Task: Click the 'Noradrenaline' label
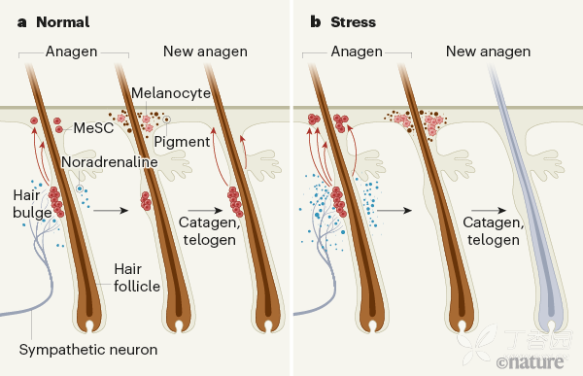pyautogui.click(x=109, y=161)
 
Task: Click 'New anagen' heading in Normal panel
pyautogui.click(x=205, y=51)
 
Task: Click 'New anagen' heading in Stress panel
pyautogui.click(x=488, y=51)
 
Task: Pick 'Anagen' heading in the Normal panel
pyautogui.click(x=73, y=51)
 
